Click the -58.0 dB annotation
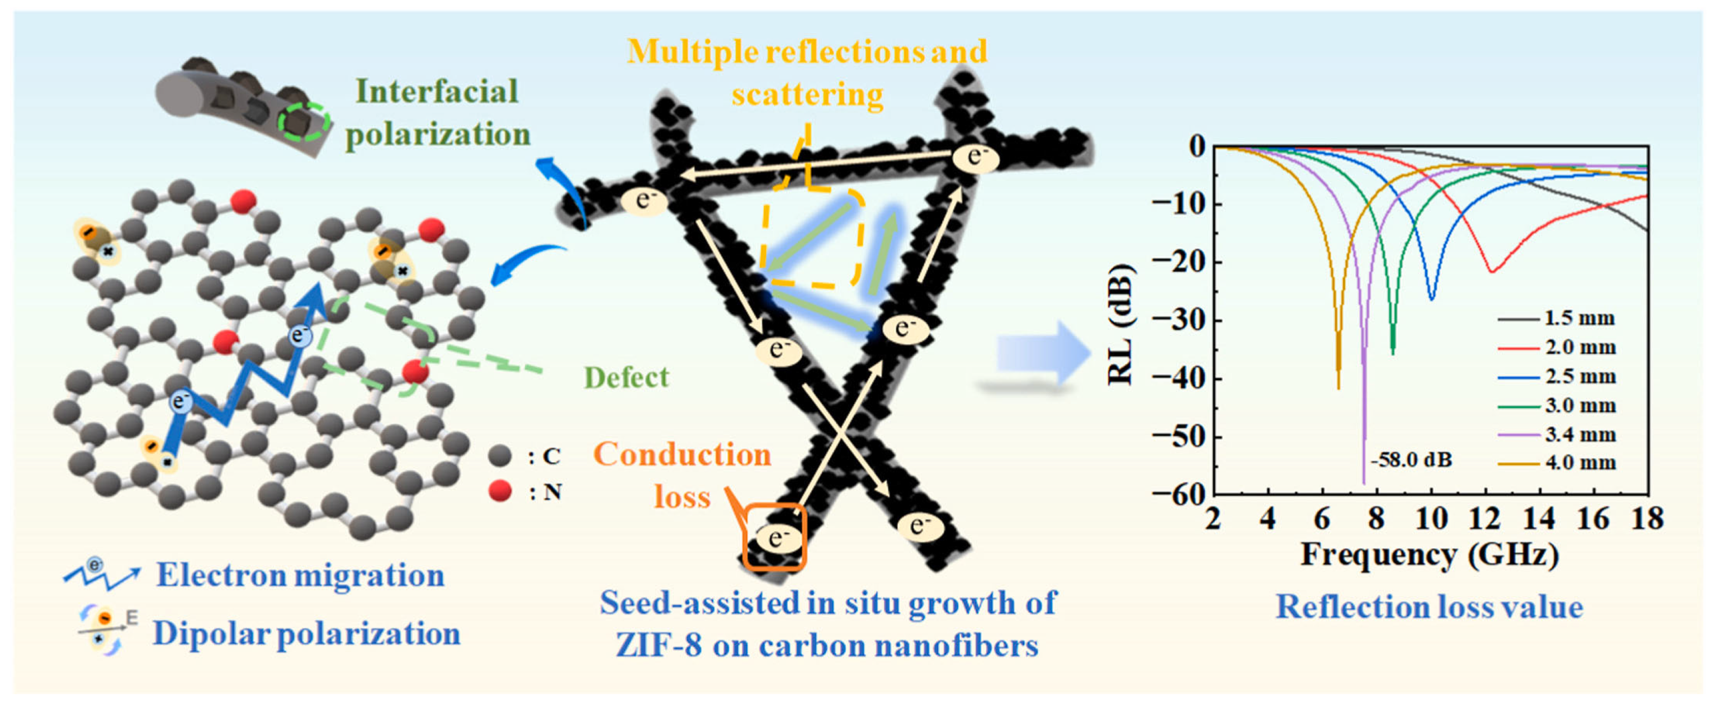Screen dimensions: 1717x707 [x=1411, y=460]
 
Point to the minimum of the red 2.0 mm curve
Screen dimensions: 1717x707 [x=1491, y=271]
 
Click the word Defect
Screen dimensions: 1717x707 [x=626, y=377]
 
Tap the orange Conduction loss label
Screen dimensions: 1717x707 [x=682, y=475]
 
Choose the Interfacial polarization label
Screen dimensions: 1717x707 [x=437, y=112]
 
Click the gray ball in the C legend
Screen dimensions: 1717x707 [x=499, y=457]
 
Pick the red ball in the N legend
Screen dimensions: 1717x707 [x=499, y=492]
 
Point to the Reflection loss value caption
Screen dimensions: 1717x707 [x=1429, y=607]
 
